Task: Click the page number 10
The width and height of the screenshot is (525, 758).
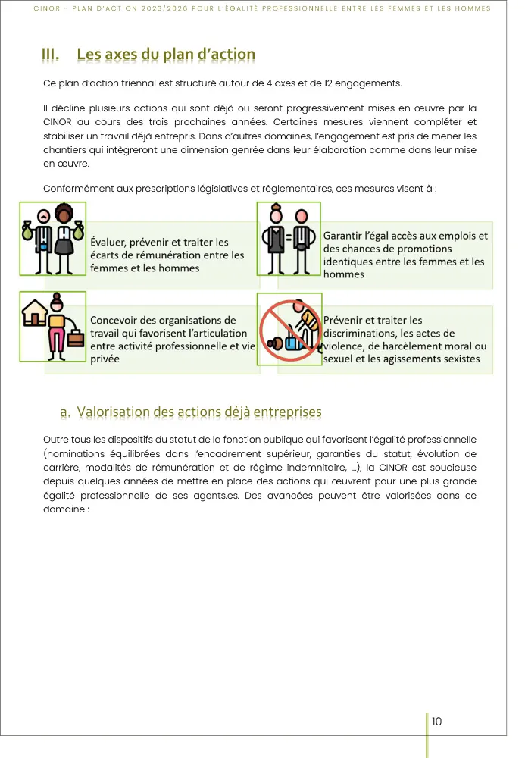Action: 437,721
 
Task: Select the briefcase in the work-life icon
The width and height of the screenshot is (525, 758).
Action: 76,338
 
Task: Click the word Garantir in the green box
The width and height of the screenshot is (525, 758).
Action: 345,236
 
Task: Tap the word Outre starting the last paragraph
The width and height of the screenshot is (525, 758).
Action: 56,440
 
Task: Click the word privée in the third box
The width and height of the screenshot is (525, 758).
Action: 105,359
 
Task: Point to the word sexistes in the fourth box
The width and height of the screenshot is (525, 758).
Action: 458,359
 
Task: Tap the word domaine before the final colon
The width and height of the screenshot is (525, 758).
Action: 64,509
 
